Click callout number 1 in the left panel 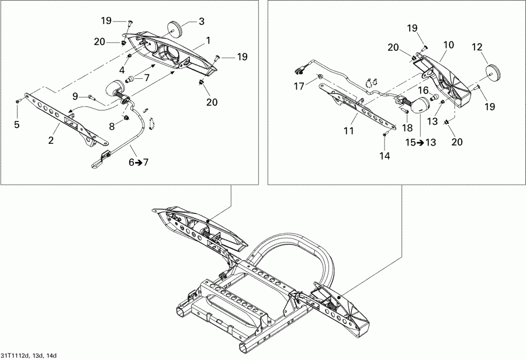(x=208, y=41)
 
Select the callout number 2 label (x=51, y=140)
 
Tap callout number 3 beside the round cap (x=201, y=22)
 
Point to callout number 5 (x=16, y=124)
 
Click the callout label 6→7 (x=139, y=162)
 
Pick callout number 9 (x=75, y=95)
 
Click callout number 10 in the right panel (x=448, y=44)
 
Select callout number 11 (x=349, y=131)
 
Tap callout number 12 (x=477, y=46)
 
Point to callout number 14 (x=384, y=156)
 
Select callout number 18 (x=406, y=127)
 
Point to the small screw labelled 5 (x=18, y=102)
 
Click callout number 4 (x=122, y=70)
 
